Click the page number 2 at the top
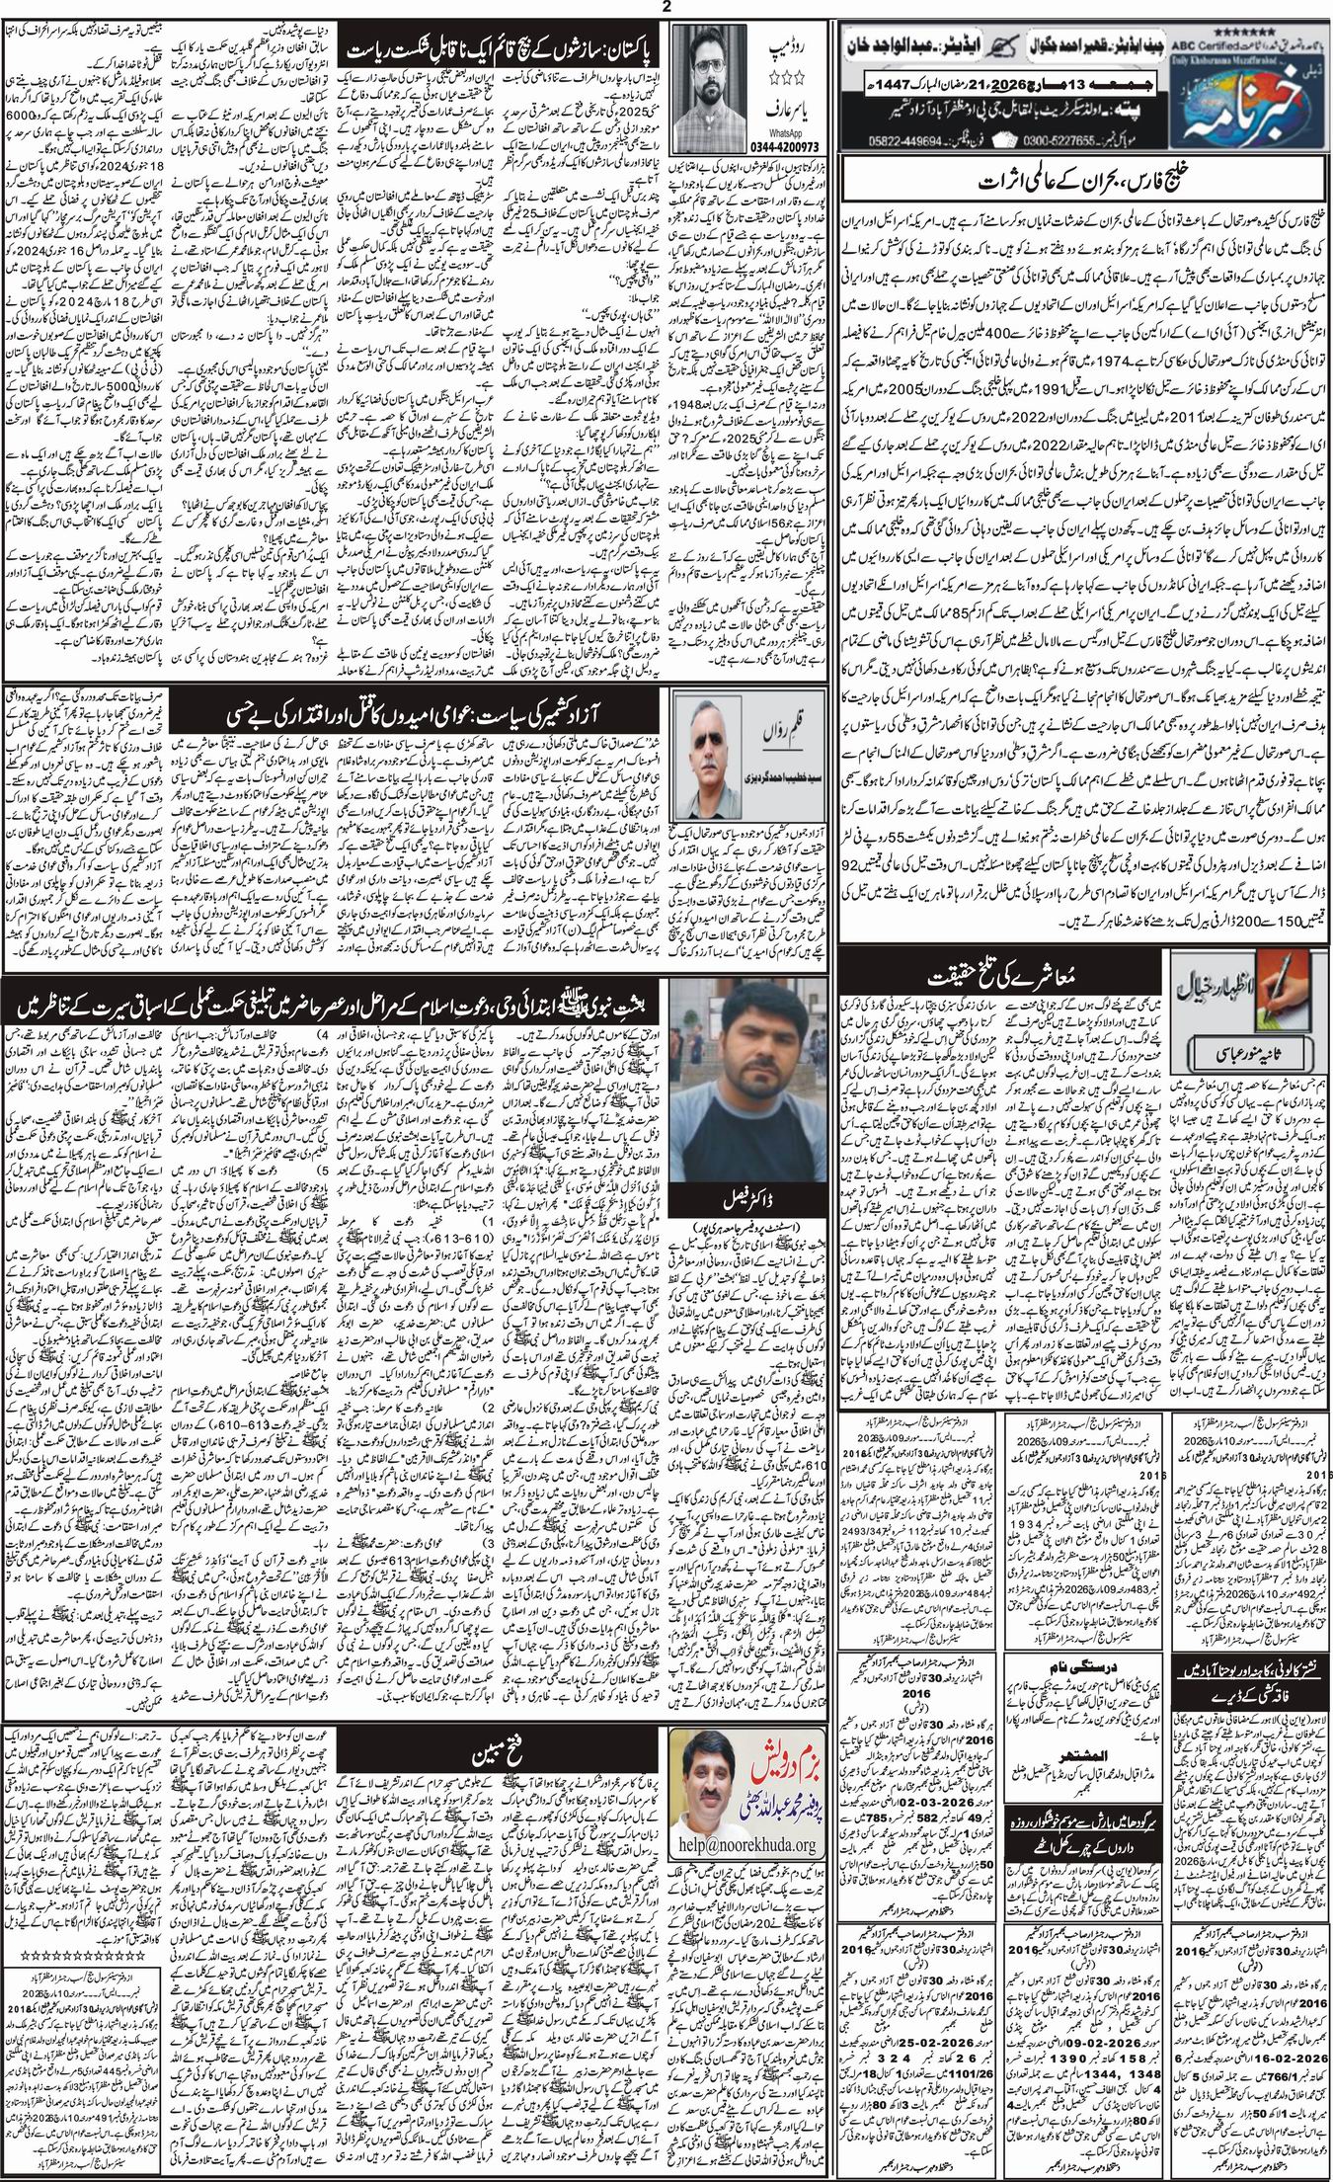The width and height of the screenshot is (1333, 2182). pyautogui.click(x=666, y=8)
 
